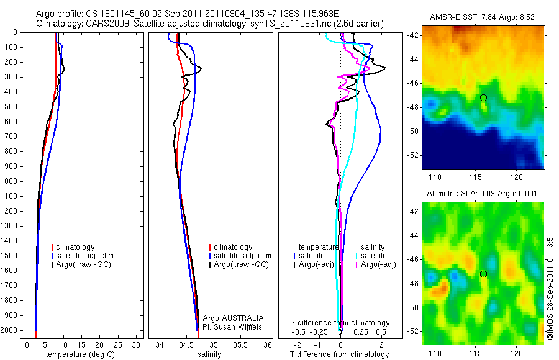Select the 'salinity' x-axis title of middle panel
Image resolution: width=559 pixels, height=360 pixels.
(210, 354)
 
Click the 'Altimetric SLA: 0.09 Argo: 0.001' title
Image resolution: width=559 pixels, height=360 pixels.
(483, 194)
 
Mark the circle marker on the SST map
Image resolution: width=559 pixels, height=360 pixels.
(483, 97)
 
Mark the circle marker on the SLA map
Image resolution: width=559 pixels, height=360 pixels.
(483, 274)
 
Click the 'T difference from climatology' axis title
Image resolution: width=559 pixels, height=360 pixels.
(339, 354)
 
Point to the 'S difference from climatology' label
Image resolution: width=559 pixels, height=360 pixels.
(340, 323)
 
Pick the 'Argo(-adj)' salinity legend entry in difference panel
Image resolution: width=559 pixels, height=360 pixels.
(379, 265)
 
